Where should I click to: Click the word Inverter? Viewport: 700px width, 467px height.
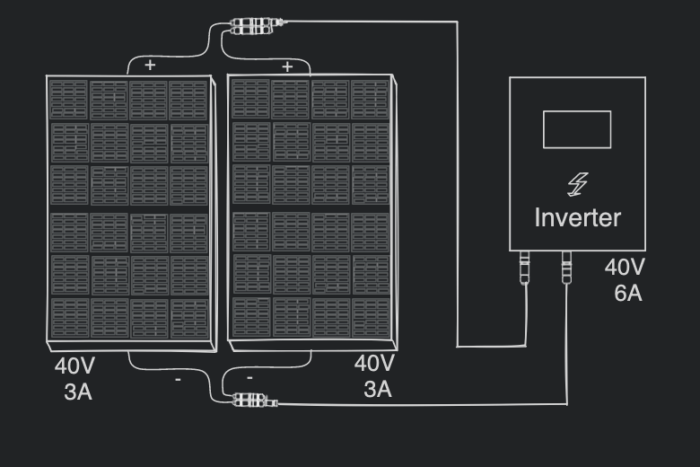[x=577, y=217]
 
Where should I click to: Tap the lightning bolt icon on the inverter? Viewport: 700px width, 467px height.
[x=577, y=184]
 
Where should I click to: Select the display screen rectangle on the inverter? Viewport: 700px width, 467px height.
[x=577, y=129]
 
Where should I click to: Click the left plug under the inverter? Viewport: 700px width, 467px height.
[x=525, y=268]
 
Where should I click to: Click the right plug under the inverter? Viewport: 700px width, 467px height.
[x=566, y=268]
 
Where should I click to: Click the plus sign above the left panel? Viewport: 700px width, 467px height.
[x=150, y=65]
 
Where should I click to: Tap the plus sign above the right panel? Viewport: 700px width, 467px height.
[x=287, y=66]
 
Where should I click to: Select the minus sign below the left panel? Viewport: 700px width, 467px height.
[x=178, y=381]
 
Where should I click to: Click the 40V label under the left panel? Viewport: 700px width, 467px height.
[x=74, y=366]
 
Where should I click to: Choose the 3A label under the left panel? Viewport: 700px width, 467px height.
[x=78, y=392]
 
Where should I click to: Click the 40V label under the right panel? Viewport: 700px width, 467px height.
[x=374, y=364]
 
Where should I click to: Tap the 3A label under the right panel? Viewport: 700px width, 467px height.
[x=377, y=389]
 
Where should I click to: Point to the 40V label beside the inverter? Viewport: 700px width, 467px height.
[x=625, y=267]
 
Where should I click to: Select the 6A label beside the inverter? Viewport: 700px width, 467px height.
[x=628, y=292]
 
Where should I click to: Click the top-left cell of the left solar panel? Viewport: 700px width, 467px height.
[x=69, y=99]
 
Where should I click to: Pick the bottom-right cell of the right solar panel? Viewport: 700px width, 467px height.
[x=370, y=316]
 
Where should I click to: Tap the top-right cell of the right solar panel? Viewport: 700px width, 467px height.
[x=370, y=98]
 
